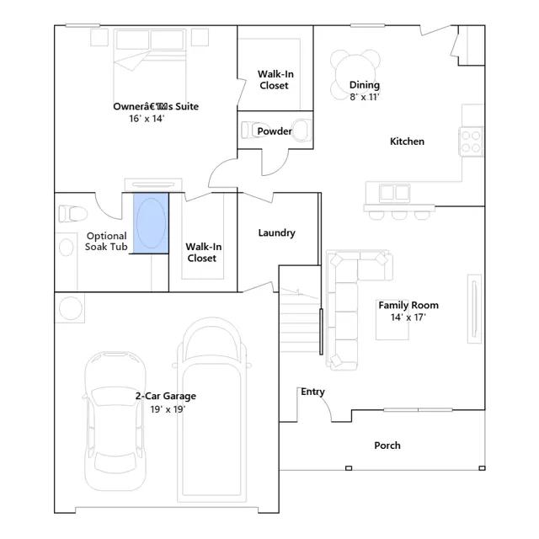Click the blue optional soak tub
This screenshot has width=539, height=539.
(x=151, y=223)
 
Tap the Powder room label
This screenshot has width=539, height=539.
(x=275, y=131)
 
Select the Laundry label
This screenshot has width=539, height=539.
(x=277, y=233)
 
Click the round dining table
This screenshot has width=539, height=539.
(x=355, y=75)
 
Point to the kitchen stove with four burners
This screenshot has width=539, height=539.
(x=471, y=141)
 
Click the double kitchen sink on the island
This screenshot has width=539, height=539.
(x=395, y=193)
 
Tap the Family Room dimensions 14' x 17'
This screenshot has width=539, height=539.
(x=408, y=318)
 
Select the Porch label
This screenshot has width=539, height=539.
(x=387, y=446)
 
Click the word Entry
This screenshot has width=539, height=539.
(x=312, y=392)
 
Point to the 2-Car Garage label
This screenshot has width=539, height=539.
(x=166, y=396)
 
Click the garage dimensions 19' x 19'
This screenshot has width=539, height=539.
(x=168, y=409)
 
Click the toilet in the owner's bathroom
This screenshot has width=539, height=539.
(x=72, y=214)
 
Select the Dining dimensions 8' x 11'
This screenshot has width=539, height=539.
(x=365, y=97)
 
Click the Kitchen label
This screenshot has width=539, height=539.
(x=407, y=141)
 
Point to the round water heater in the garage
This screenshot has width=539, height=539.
(x=71, y=308)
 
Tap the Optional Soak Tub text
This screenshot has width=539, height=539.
(x=107, y=242)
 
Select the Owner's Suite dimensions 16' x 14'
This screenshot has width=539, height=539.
(x=147, y=119)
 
